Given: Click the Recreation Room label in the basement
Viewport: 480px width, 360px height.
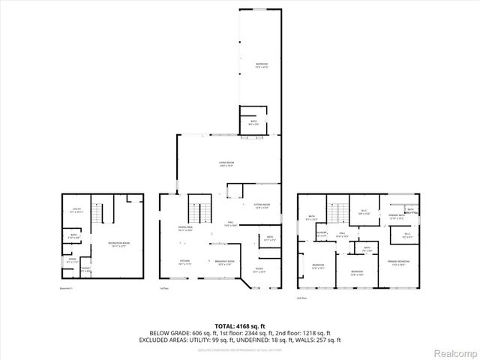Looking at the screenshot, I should click(x=116, y=244).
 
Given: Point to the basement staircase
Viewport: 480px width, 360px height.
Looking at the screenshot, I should click(x=96, y=211).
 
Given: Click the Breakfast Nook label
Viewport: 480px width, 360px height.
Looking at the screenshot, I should click(x=226, y=262).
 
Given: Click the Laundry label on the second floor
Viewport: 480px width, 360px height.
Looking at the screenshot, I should click(x=322, y=235).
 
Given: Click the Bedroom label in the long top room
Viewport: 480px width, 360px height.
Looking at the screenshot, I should click(x=261, y=65).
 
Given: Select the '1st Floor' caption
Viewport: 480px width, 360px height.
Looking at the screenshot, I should click(x=164, y=288).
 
